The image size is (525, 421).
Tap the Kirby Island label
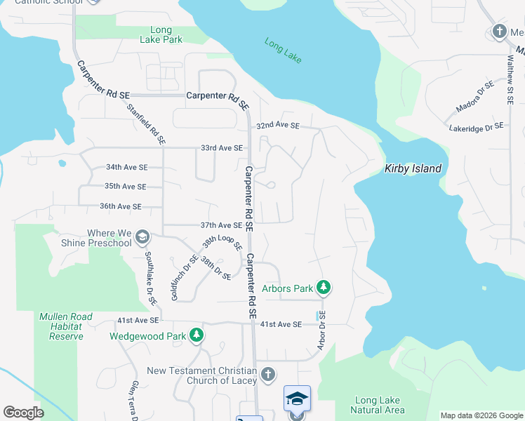click(413, 168)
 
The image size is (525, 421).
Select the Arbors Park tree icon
click(323, 287)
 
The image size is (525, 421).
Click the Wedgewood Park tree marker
click(198, 336)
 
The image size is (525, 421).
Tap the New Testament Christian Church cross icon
click(267, 375)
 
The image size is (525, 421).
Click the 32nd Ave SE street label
click(277, 126)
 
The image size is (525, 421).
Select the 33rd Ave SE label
click(221, 148)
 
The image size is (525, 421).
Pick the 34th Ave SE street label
click(126, 168)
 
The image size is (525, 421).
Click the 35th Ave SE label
click(125, 187)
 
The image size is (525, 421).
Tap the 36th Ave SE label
click(121, 206)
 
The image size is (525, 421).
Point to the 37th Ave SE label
click(221, 225)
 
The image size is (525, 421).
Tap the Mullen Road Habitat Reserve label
click(66, 327)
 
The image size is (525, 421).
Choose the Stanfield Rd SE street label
click(146, 125)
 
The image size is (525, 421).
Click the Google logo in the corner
click(23, 413)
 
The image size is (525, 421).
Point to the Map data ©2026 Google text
click(481, 415)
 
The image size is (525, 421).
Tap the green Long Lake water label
click(284, 51)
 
